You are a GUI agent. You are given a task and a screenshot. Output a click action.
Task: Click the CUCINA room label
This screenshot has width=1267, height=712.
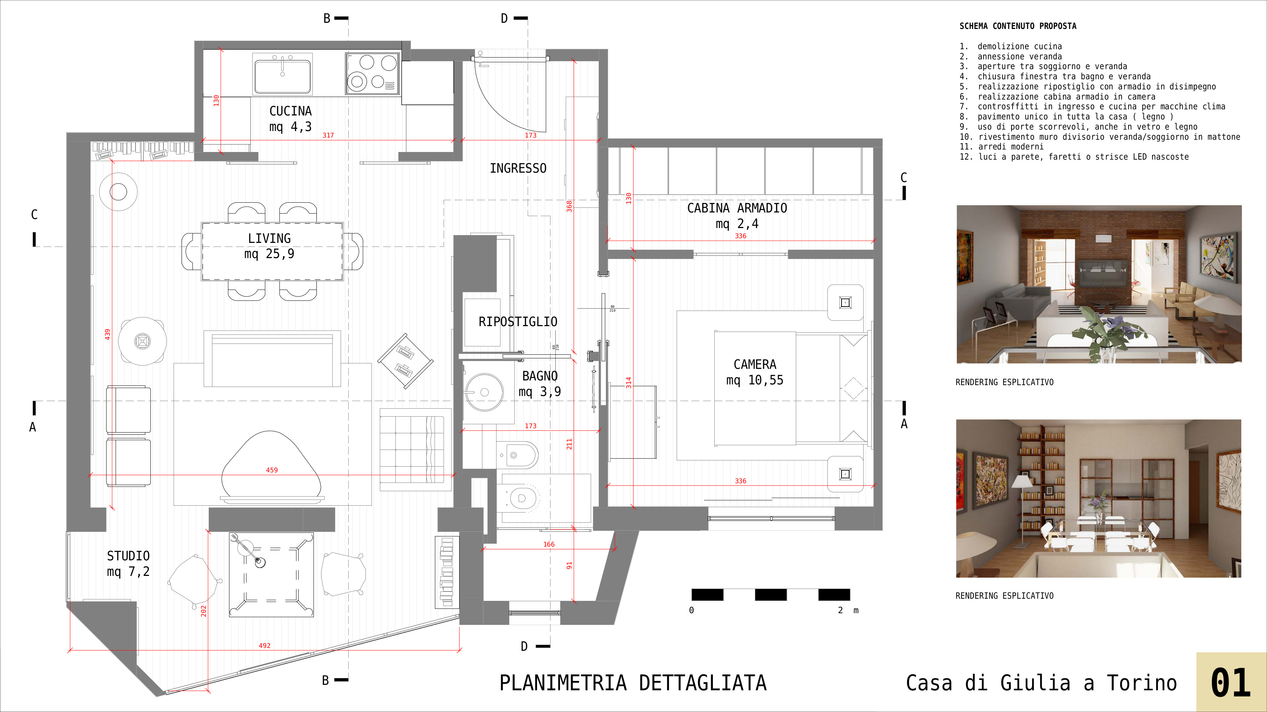[290, 111]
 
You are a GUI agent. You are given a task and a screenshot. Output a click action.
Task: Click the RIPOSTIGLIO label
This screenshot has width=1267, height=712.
[518, 322]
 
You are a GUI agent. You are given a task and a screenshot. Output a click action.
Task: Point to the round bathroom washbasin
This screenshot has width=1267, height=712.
[484, 392]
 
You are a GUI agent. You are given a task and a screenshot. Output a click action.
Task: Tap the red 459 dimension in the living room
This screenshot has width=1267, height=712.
[271, 470]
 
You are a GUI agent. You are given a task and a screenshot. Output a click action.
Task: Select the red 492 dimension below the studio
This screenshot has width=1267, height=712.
[265, 646]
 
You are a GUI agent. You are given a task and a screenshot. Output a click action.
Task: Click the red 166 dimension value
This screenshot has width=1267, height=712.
[549, 544]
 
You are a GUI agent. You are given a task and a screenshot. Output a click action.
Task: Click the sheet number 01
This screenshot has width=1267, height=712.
[1231, 683]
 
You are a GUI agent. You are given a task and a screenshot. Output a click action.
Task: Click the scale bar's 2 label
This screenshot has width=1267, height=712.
[840, 610]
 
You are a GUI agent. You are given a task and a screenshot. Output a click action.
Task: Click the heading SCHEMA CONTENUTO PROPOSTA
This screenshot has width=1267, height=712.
[1018, 26]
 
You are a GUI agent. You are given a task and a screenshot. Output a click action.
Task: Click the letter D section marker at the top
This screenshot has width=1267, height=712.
[504, 19]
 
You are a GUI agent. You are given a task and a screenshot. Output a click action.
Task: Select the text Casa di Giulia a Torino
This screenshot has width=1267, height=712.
[1041, 683]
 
